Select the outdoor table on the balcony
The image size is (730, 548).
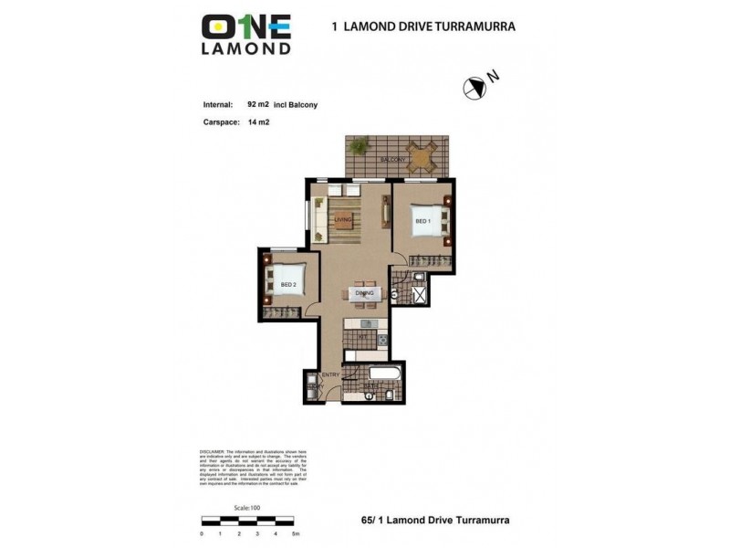[421, 156]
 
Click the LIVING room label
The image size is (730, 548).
[343, 220]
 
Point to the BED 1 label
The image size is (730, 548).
[422, 221]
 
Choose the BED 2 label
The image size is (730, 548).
[288, 285]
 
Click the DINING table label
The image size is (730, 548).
[364, 293]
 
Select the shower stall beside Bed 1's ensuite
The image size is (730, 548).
[421, 296]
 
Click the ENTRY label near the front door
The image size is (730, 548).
[330, 374]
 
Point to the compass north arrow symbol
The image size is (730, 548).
[474, 89]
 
